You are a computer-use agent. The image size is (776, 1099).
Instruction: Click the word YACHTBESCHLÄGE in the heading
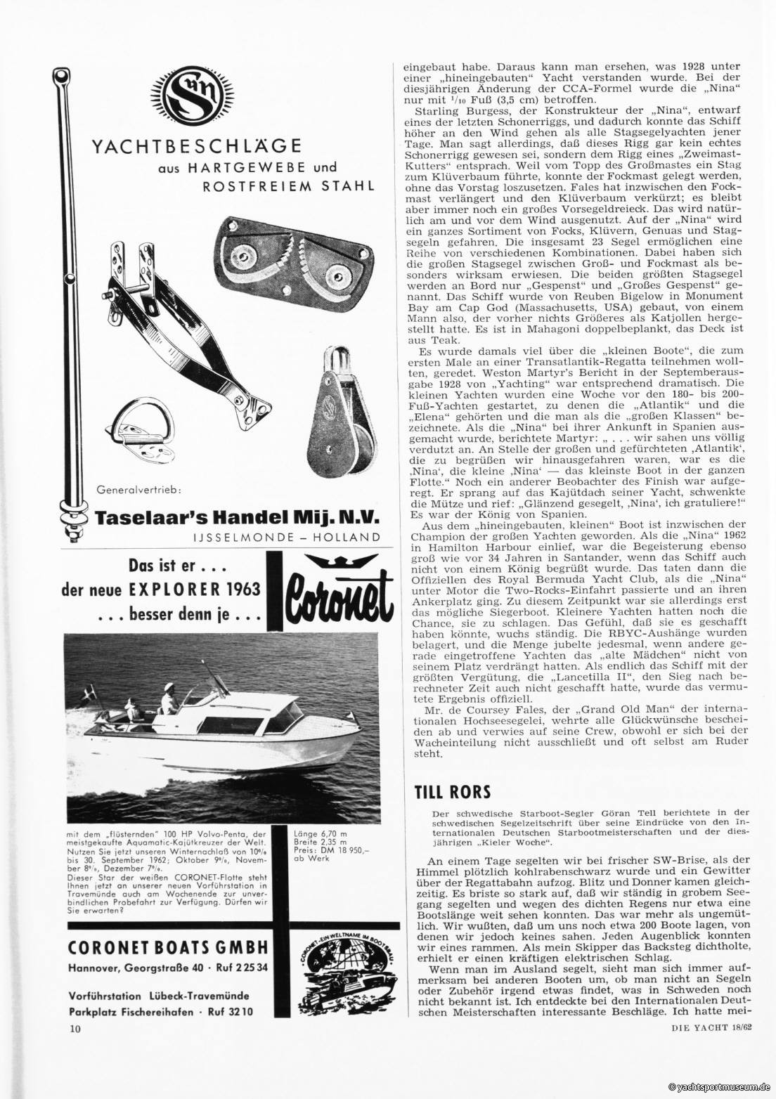point(198,146)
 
